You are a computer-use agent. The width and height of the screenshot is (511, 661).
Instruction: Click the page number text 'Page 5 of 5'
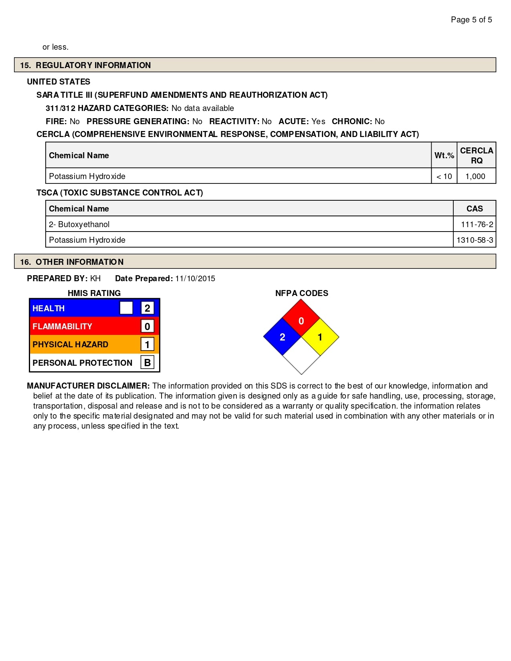point(471,20)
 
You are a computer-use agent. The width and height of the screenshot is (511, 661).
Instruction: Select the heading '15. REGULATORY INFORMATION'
point(85,65)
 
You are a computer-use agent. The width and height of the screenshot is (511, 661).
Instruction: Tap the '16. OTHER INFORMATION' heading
point(72,262)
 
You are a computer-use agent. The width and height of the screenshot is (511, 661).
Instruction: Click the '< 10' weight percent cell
point(444,176)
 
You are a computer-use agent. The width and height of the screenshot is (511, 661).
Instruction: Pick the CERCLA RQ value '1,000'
point(475,176)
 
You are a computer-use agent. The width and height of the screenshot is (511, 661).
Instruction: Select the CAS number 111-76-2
point(477,224)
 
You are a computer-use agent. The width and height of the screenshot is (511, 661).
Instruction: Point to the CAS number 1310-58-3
point(475,240)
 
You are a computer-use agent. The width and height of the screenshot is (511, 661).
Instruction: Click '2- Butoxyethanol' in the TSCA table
point(79,224)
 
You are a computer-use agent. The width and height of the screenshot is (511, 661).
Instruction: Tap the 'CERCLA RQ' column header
point(477,155)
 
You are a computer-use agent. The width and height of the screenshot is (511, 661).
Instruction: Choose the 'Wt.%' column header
point(444,155)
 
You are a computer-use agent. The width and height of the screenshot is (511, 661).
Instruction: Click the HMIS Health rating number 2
point(147,308)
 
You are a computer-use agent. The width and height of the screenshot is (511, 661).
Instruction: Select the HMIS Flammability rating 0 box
point(147,326)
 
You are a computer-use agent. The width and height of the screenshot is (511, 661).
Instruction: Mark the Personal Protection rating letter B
point(147,363)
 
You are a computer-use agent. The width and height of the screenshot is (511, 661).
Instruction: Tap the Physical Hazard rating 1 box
point(147,344)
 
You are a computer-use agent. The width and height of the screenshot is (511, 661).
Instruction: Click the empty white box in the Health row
point(126,308)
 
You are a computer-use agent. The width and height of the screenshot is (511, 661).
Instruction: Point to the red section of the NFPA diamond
point(301,318)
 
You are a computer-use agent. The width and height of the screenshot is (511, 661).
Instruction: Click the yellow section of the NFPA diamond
point(320,337)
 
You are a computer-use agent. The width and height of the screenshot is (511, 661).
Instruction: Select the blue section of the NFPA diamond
point(283,337)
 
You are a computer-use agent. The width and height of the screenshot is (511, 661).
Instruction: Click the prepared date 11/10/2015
point(195,278)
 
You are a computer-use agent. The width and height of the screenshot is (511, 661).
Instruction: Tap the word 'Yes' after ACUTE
point(318,121)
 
